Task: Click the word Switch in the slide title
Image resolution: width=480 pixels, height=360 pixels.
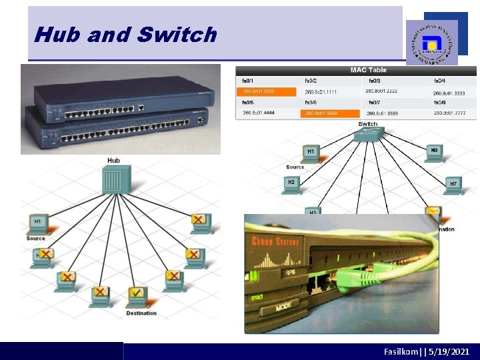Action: [x=179, y=35]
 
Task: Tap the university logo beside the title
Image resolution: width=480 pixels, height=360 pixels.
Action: [x=432, y=41]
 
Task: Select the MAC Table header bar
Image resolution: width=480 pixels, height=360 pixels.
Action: [x=368, y=70]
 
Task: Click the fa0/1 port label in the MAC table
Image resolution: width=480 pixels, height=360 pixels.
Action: [x=250, y=80]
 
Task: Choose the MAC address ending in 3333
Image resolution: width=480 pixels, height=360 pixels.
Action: [x=449, y=93]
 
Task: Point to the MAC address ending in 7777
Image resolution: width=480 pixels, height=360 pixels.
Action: [x=449, y=114]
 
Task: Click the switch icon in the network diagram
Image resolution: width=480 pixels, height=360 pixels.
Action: [x=367, y=135]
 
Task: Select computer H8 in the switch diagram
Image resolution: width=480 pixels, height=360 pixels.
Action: [x=434, y=154]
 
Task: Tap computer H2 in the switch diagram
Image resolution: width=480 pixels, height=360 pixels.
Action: [x=291, y=185]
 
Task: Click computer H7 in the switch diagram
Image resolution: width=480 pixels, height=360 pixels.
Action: [x=453, y=185]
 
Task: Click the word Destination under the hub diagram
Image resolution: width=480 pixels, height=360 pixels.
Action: [x=141, y=313]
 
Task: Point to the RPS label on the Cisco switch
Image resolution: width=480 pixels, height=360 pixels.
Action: [x=290, y=272]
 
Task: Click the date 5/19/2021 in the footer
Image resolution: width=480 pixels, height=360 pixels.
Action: [x=449, y=351]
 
